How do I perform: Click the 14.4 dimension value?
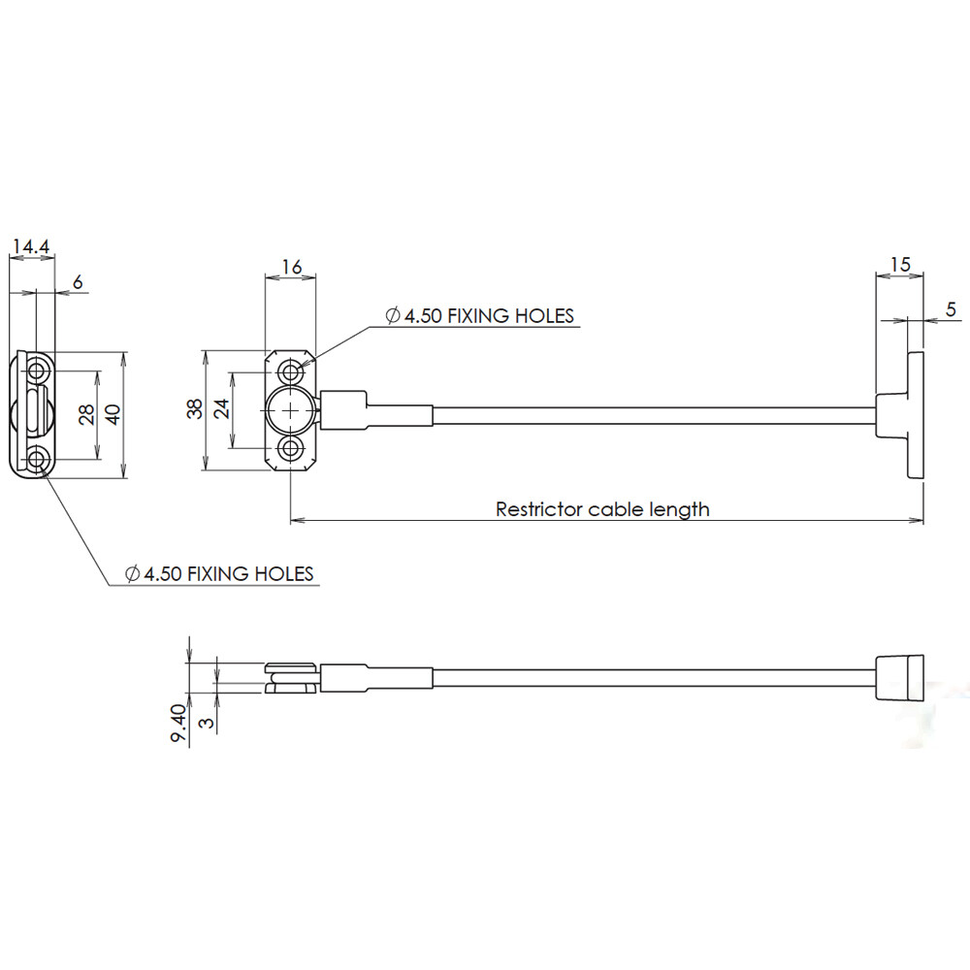(x=31, y=246)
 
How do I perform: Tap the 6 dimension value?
(x=78, y=282)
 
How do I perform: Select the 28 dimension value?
(x=86, y=414)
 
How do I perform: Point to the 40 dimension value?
(x=113, y=414)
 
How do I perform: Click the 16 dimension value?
(x=291, y=267)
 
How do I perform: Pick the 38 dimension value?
(x=194, y=409)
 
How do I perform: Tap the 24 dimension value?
(x=221, y=409)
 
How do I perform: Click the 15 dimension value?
(x=900, y=265)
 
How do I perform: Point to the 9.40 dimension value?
(x=178, y=723)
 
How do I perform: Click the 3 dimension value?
(x=208, y=722)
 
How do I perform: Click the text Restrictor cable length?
(x=602, y=509)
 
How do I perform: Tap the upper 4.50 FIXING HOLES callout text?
(x=480, y=315)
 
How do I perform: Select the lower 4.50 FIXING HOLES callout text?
(x=219, y=573)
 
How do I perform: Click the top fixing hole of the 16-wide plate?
(x=290, y=373)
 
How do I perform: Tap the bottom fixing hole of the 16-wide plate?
(x=290, y=449)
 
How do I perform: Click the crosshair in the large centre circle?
(x=290, y=410)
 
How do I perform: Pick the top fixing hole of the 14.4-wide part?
(x=39, y=372)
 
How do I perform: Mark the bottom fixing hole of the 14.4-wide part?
(x=39, y=460)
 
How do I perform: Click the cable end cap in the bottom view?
(x=900, y=677)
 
